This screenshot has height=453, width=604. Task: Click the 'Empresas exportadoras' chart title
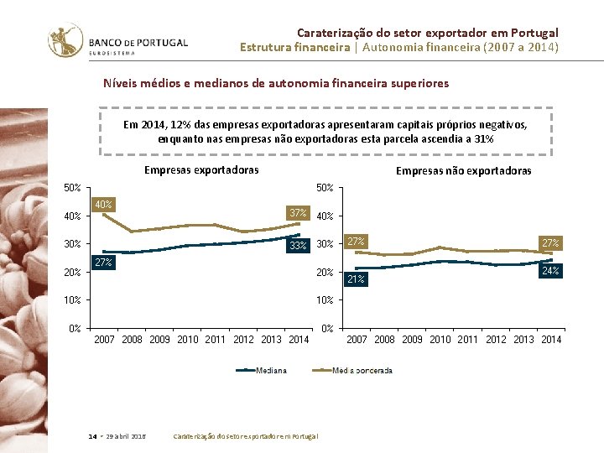pos(201,170)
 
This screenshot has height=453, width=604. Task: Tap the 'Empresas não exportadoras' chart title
pos(463,171)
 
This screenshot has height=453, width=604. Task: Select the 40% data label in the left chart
pos(103,204)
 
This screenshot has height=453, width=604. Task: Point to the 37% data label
pos(298,213)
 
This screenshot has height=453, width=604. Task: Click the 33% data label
pos(298,246)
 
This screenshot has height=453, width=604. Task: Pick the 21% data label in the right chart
pos(356,279)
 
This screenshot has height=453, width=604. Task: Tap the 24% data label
pos(549,271)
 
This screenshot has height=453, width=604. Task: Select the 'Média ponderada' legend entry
pos(362,370)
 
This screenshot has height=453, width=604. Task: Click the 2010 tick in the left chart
pos(188,340)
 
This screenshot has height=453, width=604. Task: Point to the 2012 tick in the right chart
pos(496,340)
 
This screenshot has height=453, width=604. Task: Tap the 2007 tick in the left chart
pos(104,340)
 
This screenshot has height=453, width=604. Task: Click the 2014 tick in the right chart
pos(551,340)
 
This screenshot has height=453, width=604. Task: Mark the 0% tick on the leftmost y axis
pos(75,328)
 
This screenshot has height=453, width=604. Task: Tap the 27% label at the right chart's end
pos(549,242)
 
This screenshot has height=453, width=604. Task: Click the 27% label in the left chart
pos(103,263)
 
